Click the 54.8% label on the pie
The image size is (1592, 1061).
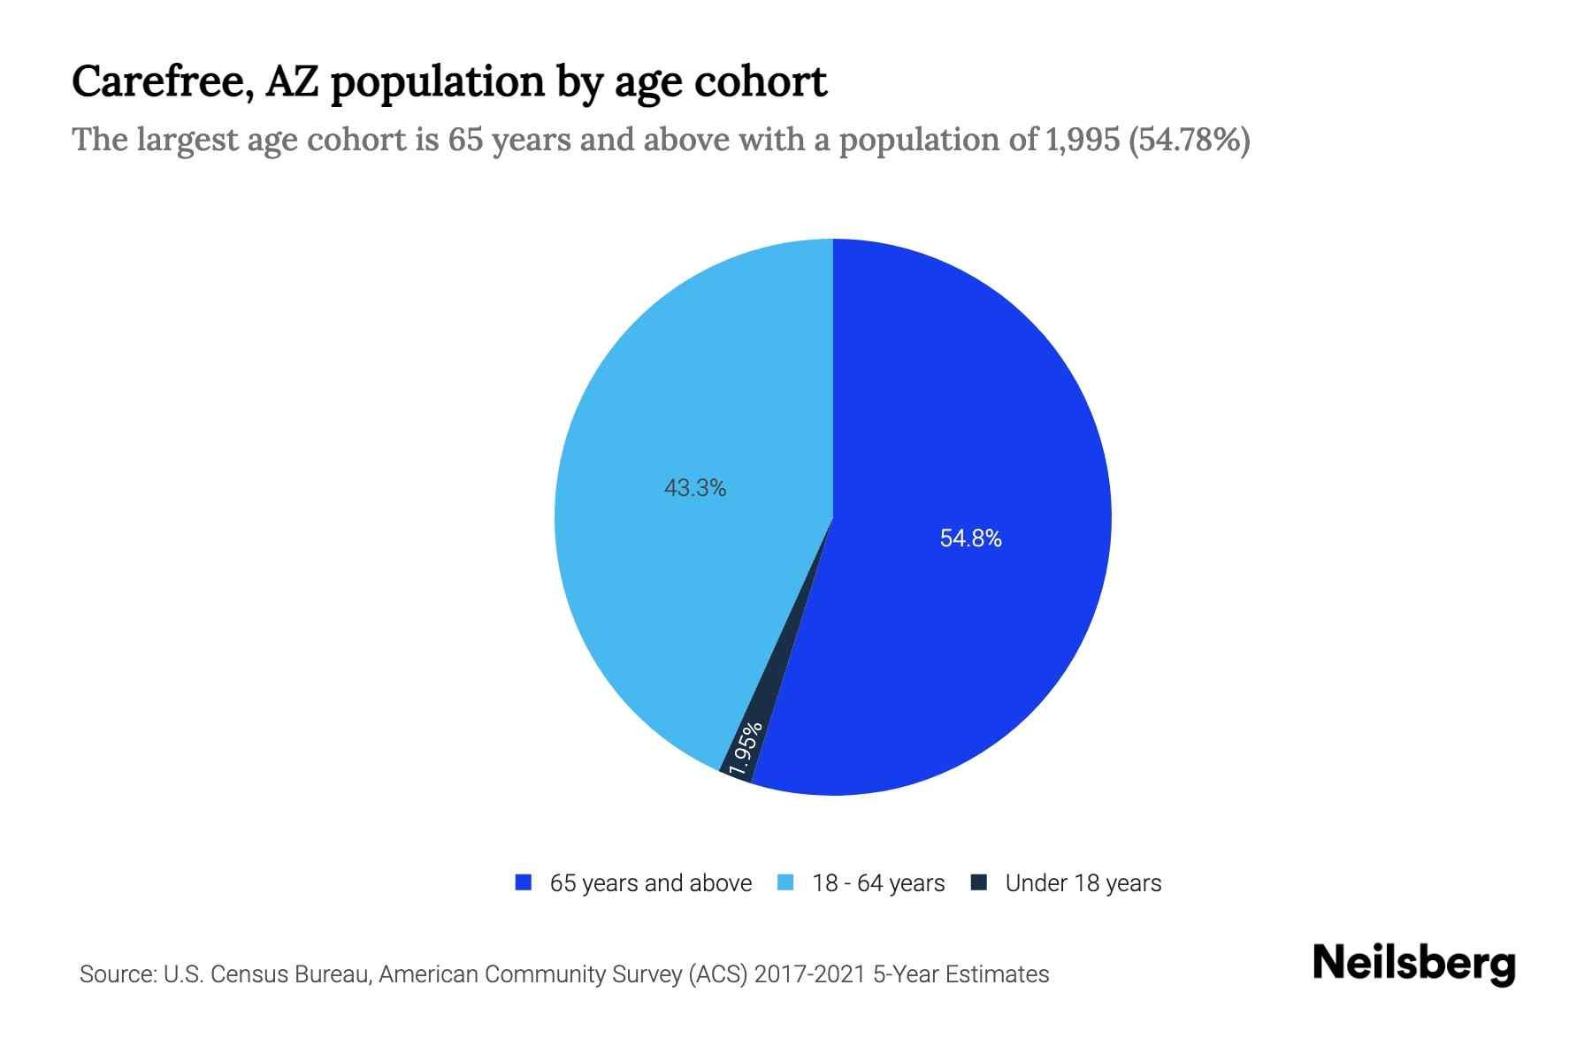970,538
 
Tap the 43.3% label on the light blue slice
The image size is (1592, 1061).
695,488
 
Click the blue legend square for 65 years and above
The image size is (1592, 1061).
524,882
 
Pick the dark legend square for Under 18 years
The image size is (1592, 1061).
979,882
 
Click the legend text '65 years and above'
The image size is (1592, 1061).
650,883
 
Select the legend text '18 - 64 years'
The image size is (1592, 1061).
878,883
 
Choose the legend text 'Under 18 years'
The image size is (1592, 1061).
1083,883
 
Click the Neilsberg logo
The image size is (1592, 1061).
1413,964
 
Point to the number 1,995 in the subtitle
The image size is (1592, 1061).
1083,140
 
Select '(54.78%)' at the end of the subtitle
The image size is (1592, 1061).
1190,140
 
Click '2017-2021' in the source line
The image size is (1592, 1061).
810,974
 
